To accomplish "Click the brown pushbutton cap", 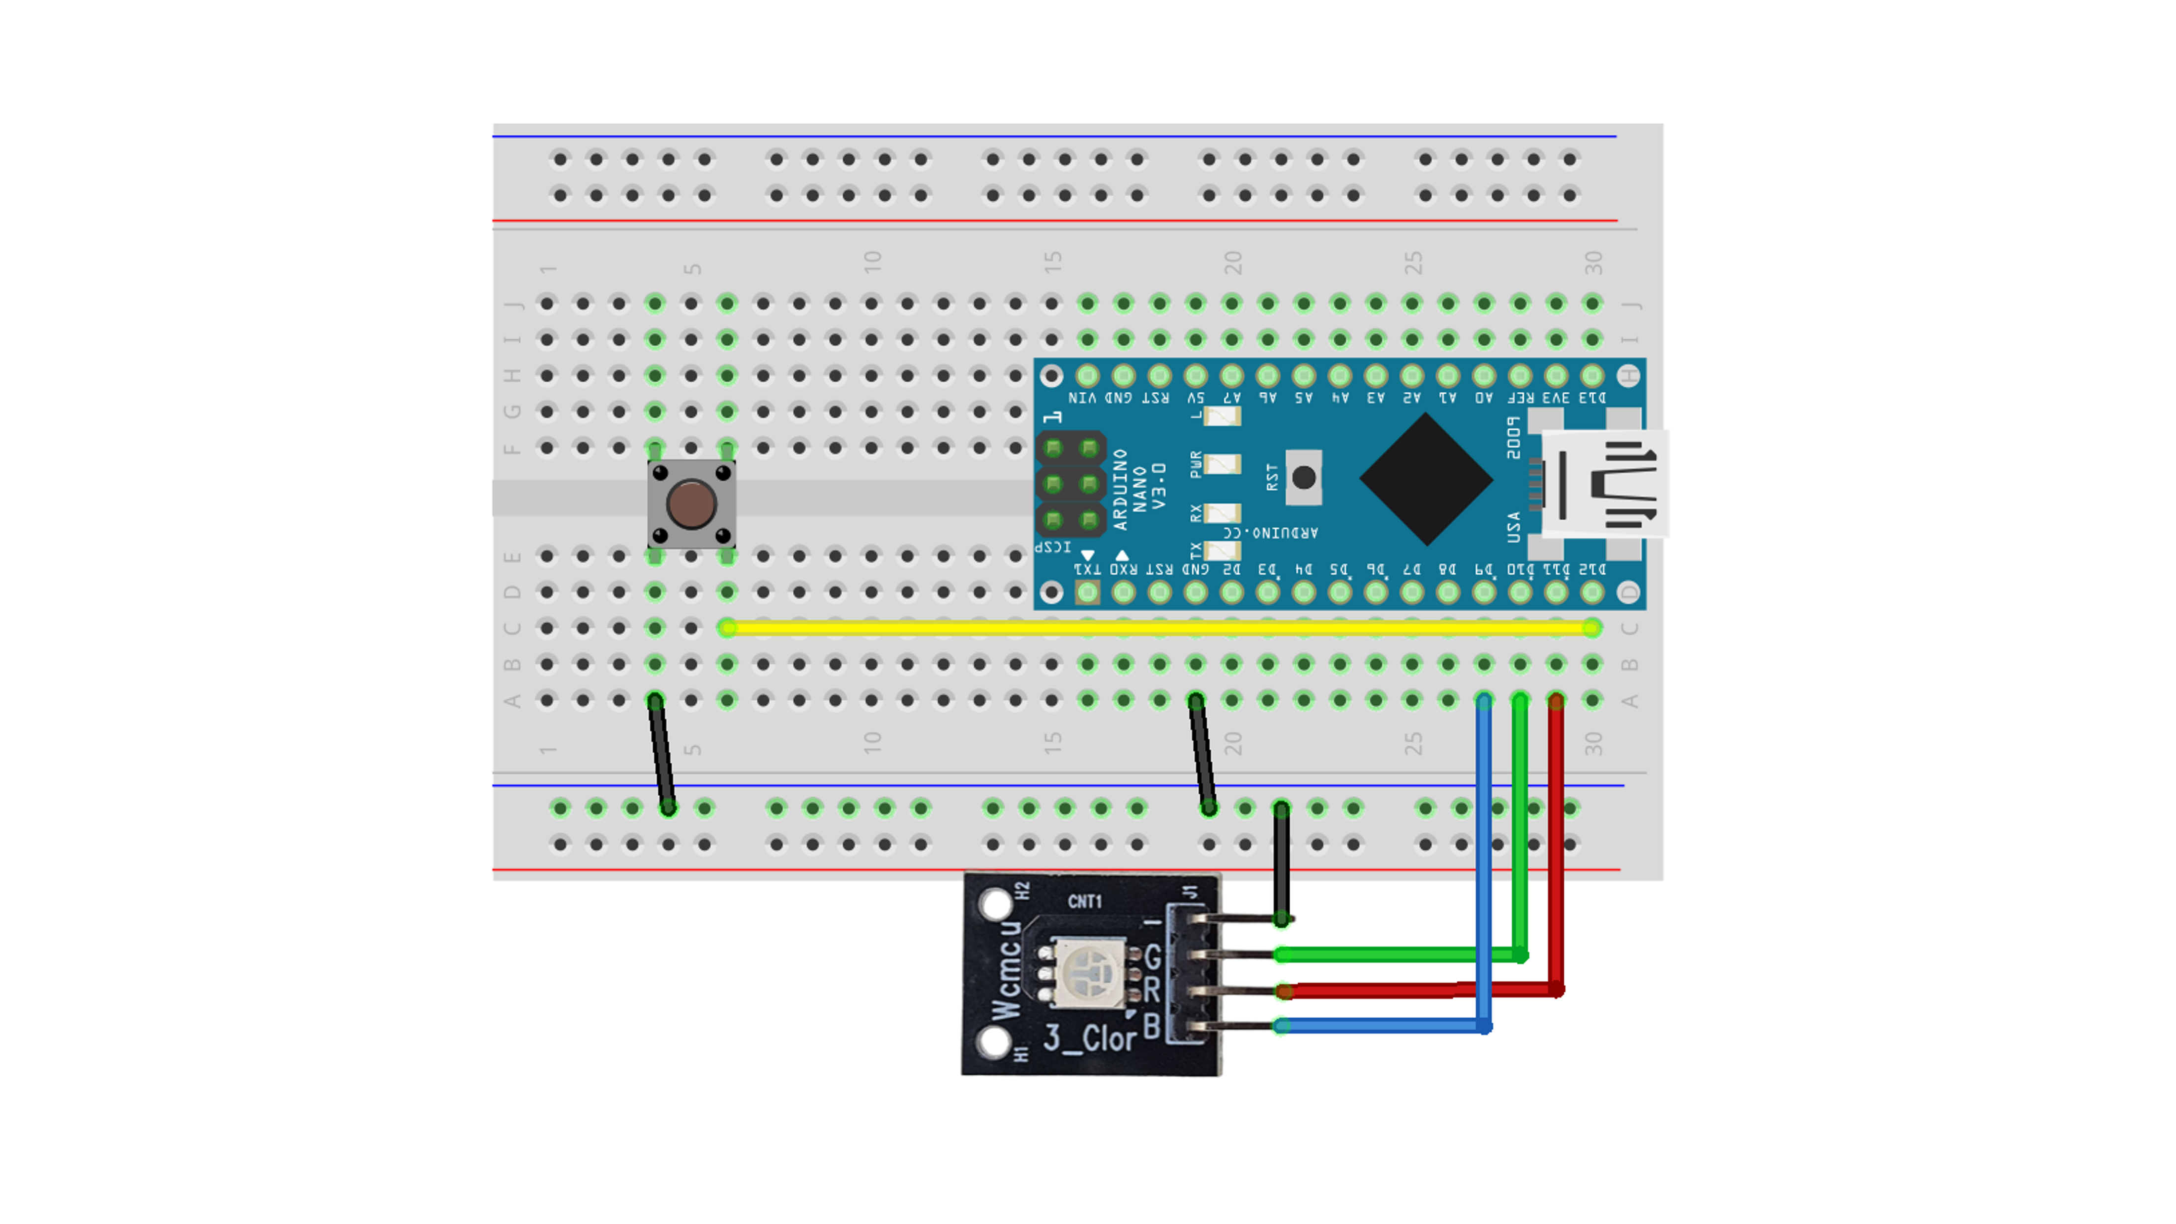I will [x=691, y=504].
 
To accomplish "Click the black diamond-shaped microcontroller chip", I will [x=1426, y=479].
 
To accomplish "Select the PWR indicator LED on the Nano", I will [x=1222, y=464].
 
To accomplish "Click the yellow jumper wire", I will [x=1157, y=628].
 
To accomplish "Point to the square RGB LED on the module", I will [x=1089, y=973].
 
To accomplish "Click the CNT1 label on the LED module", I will [x=1085, y=902].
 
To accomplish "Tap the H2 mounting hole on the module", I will [x=996, y=905].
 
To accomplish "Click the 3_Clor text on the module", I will [x=1089, y=1038].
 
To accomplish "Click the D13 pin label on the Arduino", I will [x=1592, y=397].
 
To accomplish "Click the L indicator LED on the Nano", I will [x=1222, y=415].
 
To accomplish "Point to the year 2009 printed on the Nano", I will [x=1514, y=438].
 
